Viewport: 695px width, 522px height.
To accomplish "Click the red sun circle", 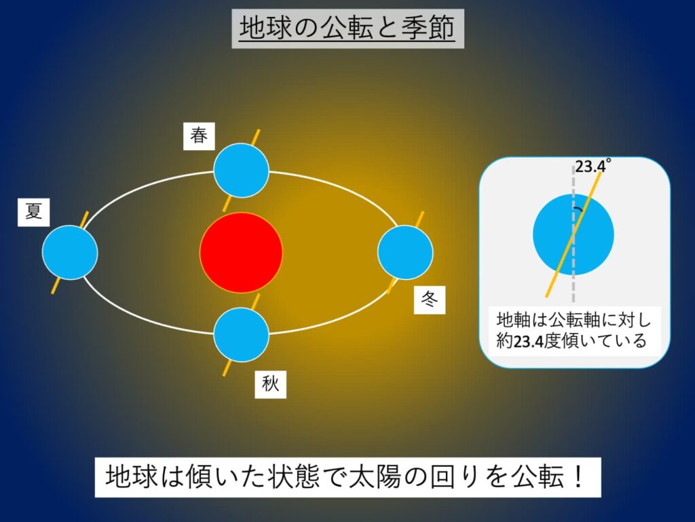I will point(241,251).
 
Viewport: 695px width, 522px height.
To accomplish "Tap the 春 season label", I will point(199,136).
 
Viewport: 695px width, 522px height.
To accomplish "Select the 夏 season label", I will point(34,212).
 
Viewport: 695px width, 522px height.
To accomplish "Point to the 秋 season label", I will point(270,385).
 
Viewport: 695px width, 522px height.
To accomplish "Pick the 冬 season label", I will point(429,300).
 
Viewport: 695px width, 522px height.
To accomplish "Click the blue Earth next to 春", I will point(241,171).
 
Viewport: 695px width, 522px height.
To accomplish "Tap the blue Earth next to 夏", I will point(70,252).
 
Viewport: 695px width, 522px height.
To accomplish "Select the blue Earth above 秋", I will point(241,334).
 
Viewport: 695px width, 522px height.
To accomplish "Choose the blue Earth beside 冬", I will point(405,251).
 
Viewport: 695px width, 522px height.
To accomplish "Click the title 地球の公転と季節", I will point(347,29).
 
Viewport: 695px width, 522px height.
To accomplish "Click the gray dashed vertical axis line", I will point(574,279).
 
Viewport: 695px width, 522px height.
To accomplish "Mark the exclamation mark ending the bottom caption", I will point(578,478).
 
